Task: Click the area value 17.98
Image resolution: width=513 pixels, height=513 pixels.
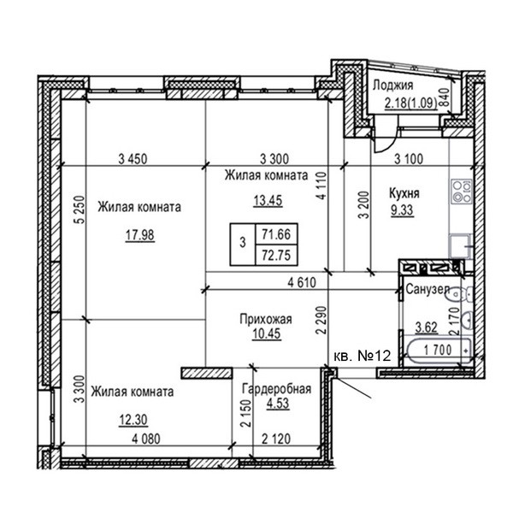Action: tap(139, 234)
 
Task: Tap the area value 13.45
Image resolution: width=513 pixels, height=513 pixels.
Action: tap(268, 200)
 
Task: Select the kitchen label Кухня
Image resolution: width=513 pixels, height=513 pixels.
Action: tap(404, 193)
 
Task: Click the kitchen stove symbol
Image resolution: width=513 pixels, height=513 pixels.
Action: tap(462, 192)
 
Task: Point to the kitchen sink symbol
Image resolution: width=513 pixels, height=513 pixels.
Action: tap(461, 245)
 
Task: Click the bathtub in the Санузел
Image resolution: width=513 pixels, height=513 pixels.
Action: tap(438, 351)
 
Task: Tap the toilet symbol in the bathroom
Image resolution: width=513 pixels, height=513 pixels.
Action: tap(462, 294)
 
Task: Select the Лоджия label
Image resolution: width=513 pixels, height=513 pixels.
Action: tap(393, 85)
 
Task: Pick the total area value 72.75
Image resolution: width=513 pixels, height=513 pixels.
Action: tap(276, 255)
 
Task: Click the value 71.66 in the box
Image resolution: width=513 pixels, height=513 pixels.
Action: tap(276, 234)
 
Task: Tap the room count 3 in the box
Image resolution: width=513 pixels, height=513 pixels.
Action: tap(243, 243)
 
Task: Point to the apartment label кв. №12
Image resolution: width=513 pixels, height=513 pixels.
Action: tap(363, 356)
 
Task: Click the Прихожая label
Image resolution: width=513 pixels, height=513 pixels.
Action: tap(266, 319)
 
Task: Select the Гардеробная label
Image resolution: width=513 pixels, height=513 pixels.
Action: tap(276, 389)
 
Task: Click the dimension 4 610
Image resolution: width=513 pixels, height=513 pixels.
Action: tap(302, 282)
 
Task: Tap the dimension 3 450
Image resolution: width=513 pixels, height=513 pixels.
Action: tap(133, 159)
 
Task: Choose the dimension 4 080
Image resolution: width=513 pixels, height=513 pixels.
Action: tap(146, 439)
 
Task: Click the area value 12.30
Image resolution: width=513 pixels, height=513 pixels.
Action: tap(133, 420)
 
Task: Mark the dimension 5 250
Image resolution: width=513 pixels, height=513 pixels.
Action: tap(80, 209)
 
